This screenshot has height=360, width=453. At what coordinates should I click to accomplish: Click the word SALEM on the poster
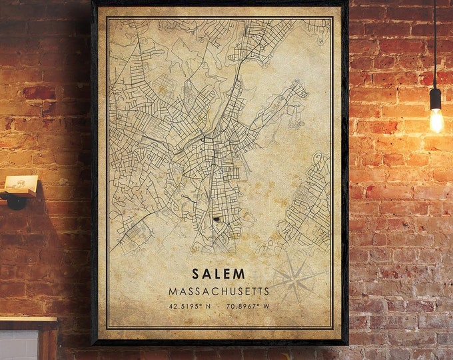(x=219, y=274)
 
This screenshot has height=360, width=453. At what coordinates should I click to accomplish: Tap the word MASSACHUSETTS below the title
(x=219, y=291)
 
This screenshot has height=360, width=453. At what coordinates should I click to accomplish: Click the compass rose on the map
(x=292, y=278)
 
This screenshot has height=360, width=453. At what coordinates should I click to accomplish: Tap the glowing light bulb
(x=436, y=121)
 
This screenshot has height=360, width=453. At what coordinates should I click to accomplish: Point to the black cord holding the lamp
(x=435, y=40)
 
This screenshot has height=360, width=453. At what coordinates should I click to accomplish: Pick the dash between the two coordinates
(x=219, y=307)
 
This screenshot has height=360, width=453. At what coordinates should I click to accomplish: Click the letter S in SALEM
(x=196, y=274)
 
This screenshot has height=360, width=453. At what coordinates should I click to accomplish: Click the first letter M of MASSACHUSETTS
(x=173, y=291)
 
